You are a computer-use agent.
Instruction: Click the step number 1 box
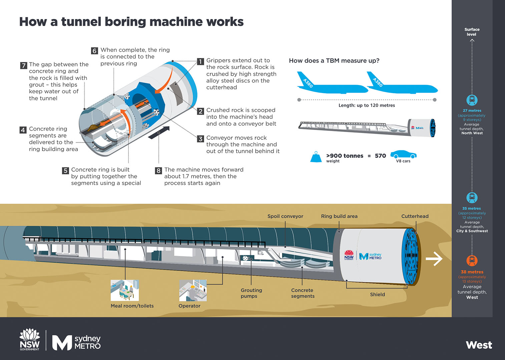tap(200, 62)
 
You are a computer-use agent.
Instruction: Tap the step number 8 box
tap(158, 171)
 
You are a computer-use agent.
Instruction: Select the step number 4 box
tap(23, 130)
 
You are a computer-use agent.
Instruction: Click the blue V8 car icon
tap(403, 155)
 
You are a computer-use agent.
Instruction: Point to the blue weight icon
tap(316, 157)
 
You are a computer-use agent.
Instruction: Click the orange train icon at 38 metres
tap(472, 260)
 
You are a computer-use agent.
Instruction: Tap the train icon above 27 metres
tap(472, 100)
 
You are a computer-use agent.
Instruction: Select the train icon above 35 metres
tap(472, 197)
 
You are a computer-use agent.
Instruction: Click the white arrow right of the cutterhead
tap(434, 259)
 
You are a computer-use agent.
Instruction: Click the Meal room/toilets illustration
tap(125, 290)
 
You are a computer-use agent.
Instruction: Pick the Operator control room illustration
tap(193, 290)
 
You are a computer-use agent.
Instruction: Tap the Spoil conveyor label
tap(285, 216)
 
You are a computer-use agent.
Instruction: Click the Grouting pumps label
tap(251, 293)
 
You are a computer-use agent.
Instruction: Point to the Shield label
tap(377, 295)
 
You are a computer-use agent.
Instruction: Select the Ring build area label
tap(339, 216)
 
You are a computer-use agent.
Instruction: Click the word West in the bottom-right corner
tap(479, 345)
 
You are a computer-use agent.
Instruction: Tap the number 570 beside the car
tap(380, 156)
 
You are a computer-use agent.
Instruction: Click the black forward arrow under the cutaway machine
tap(158, 132)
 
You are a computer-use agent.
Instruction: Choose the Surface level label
tap(472, 32)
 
